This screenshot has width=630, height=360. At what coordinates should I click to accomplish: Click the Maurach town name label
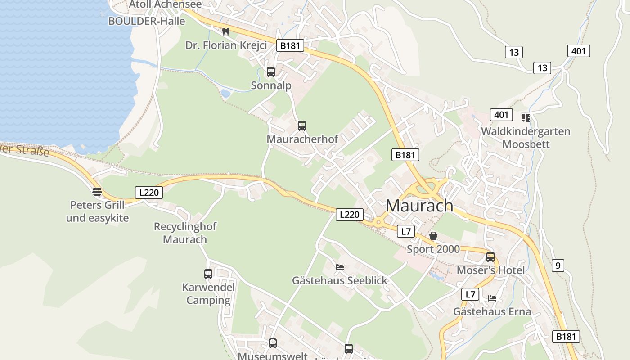click(x=419, y=206)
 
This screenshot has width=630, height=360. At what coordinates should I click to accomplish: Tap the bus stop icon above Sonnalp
click(x=271, y=72)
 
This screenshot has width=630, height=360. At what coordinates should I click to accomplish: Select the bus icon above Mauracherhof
click(x=302, y=126)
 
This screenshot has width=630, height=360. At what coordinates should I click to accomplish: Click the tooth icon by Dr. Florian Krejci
click(x=226, y=32)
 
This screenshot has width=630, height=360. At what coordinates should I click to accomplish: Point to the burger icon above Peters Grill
click(x=97, y=192)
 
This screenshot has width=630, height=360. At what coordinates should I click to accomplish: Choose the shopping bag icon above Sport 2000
click(x=433, y=236)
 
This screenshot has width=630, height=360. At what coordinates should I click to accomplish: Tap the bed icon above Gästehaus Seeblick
click(x=340, y=267)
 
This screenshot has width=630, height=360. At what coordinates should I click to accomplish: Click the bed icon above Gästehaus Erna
click(x=492, y=298)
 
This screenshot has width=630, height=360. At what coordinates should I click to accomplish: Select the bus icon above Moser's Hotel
click(x=490, y=257)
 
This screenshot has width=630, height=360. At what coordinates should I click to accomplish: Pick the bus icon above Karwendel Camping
click(x=208, y=274)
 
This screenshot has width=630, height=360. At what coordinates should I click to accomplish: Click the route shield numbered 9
click(x=558, y=265)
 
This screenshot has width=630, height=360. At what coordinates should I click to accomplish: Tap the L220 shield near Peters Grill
click(x=149, y=193)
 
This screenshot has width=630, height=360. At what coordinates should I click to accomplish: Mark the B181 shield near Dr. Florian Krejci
click(x=290, y=45)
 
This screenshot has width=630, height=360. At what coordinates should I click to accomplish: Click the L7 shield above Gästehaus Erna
click(x=470, y=294)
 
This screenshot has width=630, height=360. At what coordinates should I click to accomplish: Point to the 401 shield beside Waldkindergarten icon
click(x=501, y=115)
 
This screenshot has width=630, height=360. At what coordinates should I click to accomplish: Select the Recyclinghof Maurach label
click(x=185, y=233)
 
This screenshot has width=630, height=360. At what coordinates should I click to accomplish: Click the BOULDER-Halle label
click(x=147, y=21)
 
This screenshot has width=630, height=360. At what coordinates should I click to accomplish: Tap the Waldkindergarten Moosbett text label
click(x=526, y=138)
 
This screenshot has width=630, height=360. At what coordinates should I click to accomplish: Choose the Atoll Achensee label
click(x=165, y=4)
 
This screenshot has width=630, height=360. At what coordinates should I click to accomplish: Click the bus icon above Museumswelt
click(x=273, y=343)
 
